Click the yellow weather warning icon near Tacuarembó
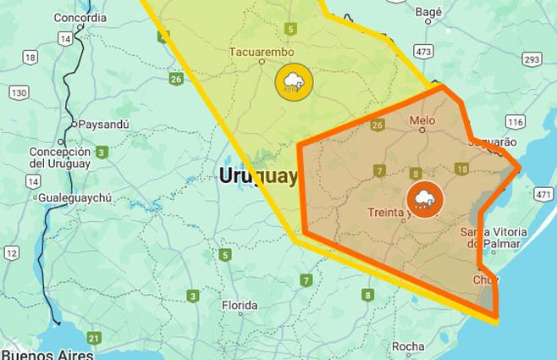(x=294, y=82)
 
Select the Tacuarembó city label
(x=262, y=53)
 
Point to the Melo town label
(x=422, y=120)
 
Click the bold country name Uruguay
(x=258, y=175)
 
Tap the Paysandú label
(x=104, y=124)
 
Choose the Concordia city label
(x=80, y=17)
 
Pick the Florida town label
(x=239, y=305)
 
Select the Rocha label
(x=408, y=346)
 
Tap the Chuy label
(x=486, y=279)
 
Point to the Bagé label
(x=429, y=11)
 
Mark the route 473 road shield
(x=424, y=53)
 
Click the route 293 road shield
(x=532, y=59)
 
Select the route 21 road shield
(x=94, y=339)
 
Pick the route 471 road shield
(x=543, y=195)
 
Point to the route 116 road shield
(x=516, y=122)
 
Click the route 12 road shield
(x=12, y=252)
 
